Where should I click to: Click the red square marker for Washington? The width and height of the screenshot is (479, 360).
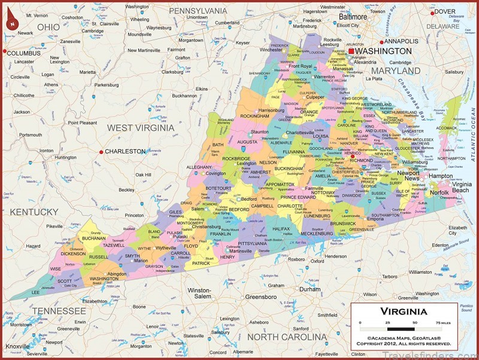click(351, 52)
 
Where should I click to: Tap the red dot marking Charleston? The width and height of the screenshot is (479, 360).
click(101, 152)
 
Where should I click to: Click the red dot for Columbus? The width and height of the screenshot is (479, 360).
click(4, 53)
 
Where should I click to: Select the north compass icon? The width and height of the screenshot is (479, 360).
click(11, 23)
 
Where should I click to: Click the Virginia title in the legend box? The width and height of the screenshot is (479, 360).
click(404, 311)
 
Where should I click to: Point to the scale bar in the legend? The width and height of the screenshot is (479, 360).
click(404, 329)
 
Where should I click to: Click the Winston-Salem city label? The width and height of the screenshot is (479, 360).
click(199, 293)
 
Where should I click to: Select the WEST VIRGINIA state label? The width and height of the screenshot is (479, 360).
click(141, 128)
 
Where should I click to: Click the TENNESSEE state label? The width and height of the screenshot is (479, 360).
click(59, 311)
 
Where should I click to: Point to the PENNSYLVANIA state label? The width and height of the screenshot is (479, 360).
click(198, 11)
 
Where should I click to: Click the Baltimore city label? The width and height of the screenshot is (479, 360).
click(353, 17)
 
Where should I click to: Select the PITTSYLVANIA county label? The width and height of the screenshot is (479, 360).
click(256, 244)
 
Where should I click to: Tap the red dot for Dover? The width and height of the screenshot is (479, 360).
click(432, 13)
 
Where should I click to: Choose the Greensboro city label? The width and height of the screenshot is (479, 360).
click(260, 297)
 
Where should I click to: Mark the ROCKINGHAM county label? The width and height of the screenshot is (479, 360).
click(255, 116)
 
